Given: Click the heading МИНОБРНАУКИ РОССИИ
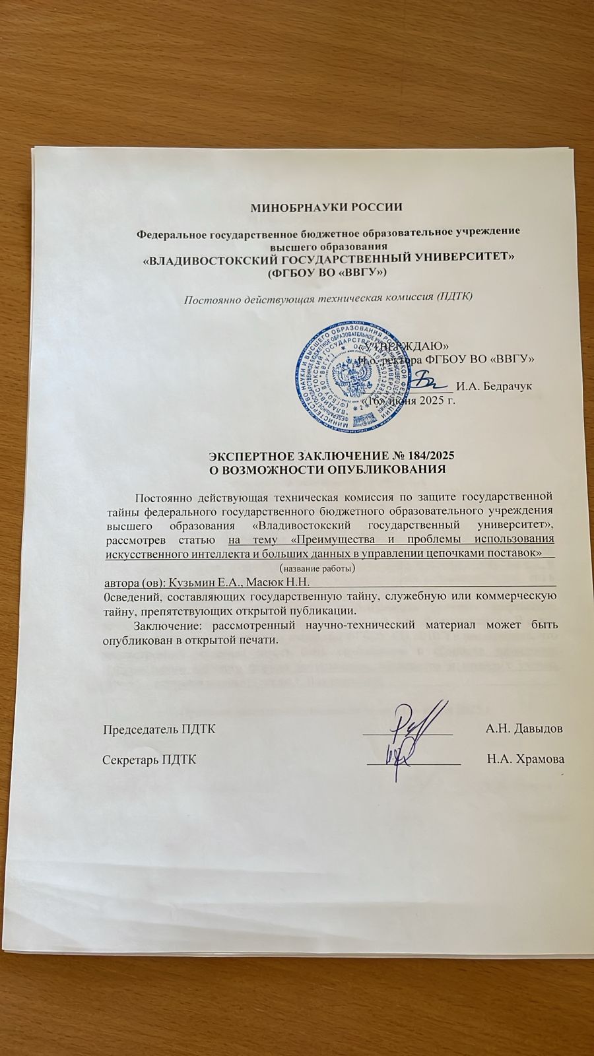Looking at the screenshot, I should [x=327, y=207].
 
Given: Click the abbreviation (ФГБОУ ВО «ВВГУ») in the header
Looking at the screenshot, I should [x=326, y=271].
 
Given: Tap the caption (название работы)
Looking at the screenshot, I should [x=317, y=568].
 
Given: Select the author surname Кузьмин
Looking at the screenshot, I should [x=195, y=581].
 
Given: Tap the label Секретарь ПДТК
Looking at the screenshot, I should [x=149, y=760].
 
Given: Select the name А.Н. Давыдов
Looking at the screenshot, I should [x=524, y=729].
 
